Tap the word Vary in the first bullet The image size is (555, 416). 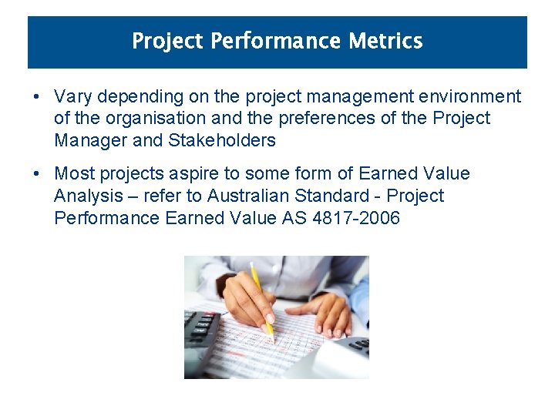point(73,97)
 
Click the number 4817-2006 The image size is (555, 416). point(356,218)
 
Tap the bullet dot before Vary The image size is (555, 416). point(37,98)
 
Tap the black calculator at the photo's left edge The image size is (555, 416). point(199,339)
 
